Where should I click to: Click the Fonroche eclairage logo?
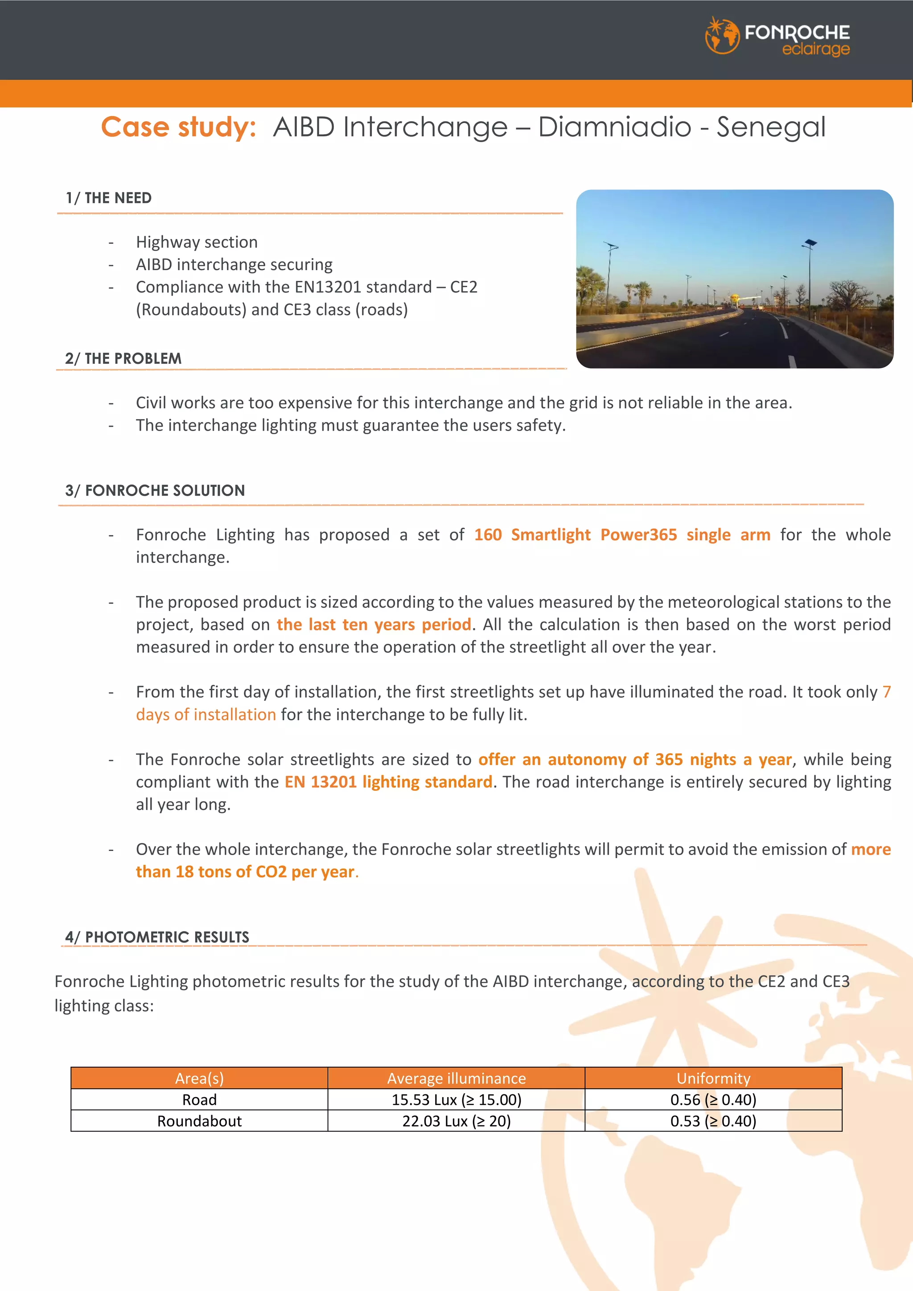(777, 36)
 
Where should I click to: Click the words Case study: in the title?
(179, 127)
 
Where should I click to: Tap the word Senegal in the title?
(771, 127)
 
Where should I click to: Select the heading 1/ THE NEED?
(108, 198)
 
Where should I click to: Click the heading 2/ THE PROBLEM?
(123, 359)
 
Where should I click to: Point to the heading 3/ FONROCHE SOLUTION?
(155, 490)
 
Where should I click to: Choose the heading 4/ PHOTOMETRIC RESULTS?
(157, 937)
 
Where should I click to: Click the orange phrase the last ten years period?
(373, 624)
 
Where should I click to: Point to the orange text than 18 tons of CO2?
(211, 872)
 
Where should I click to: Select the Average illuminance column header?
(456, 1078)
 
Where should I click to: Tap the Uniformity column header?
(713, 1078)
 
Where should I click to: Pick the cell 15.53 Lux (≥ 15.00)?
(456, 1099)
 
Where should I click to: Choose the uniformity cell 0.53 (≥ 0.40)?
(713, 1121)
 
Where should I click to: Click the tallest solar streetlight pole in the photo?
(810, 281)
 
